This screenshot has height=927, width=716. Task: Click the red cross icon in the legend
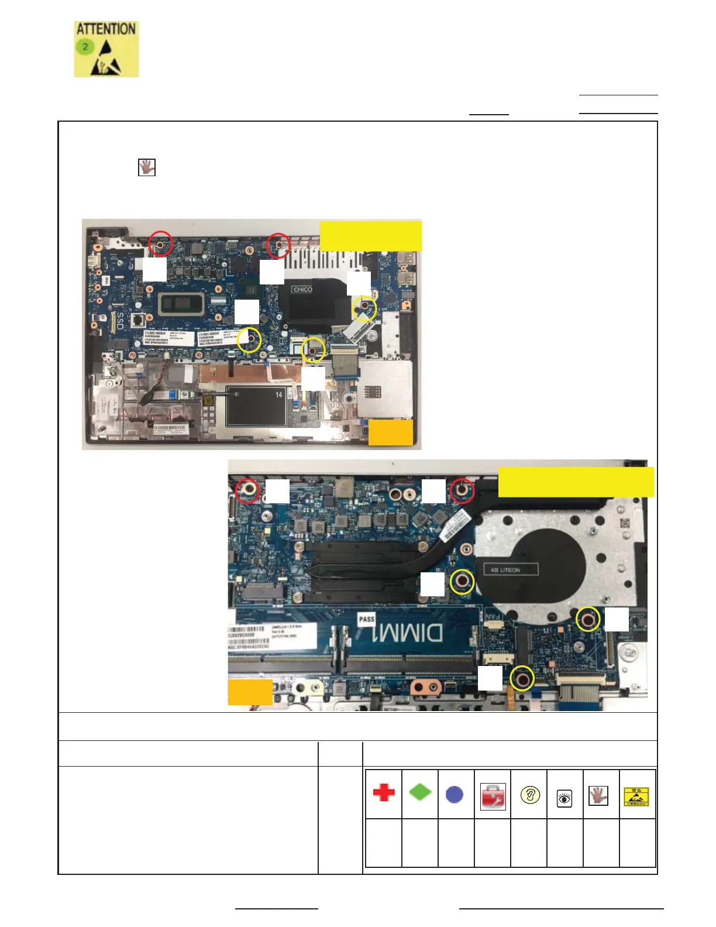[384, 793]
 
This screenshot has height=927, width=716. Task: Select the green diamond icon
[420, 792]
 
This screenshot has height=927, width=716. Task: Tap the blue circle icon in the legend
[455, 794]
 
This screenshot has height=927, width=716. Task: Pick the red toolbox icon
[493, 796]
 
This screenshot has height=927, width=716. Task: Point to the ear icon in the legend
[530, 795]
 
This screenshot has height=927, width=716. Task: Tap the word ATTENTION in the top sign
[106, 29]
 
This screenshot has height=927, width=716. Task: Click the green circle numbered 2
[85, 46]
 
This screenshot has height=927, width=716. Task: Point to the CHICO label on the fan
[302, 290]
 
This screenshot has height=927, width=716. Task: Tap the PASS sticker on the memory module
[367, 619]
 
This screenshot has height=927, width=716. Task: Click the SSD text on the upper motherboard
[119, 321]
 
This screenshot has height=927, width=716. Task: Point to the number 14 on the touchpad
[278, 395]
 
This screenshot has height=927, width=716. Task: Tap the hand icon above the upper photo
[146, 167]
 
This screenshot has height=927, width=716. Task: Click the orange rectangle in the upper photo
[390, 432]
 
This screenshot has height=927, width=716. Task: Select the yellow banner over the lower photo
[576, 482]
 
